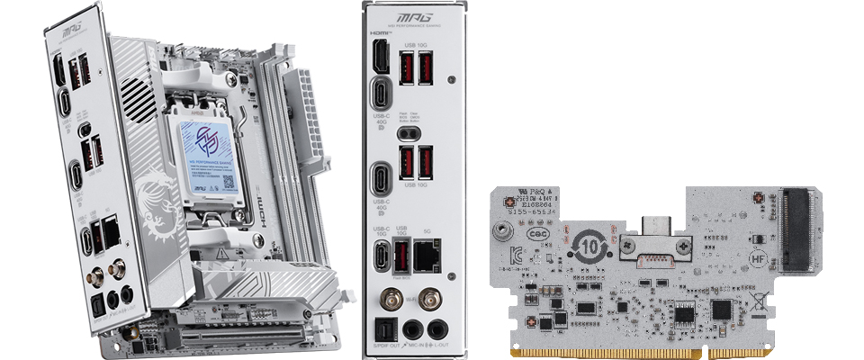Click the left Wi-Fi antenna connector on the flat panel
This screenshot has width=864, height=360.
click(x=392, y=298)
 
